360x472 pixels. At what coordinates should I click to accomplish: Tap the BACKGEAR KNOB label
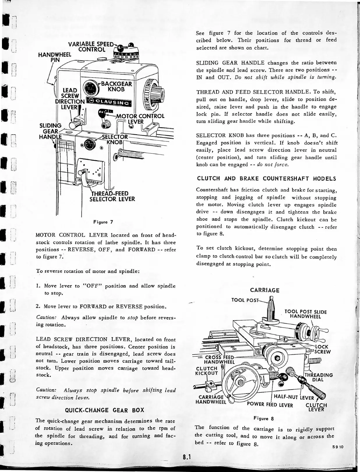116,87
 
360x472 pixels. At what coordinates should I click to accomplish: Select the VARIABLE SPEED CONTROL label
91,47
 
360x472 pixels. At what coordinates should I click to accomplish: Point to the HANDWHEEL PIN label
55,57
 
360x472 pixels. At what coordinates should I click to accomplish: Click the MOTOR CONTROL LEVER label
140,119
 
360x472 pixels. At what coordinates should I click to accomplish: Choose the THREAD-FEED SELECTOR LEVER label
113,196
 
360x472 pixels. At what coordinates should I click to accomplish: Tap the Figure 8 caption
264,419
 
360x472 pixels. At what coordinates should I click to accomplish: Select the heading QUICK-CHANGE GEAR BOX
105,410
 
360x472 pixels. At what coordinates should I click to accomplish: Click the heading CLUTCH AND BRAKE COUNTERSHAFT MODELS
266,179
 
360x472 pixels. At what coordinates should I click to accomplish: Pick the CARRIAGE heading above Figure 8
265,290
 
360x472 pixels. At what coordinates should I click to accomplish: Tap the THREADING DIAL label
318,377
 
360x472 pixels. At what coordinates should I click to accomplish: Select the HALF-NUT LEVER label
294,398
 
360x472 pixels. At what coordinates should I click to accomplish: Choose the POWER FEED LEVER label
270,405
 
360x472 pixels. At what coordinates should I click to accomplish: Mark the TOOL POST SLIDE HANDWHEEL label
306,314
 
